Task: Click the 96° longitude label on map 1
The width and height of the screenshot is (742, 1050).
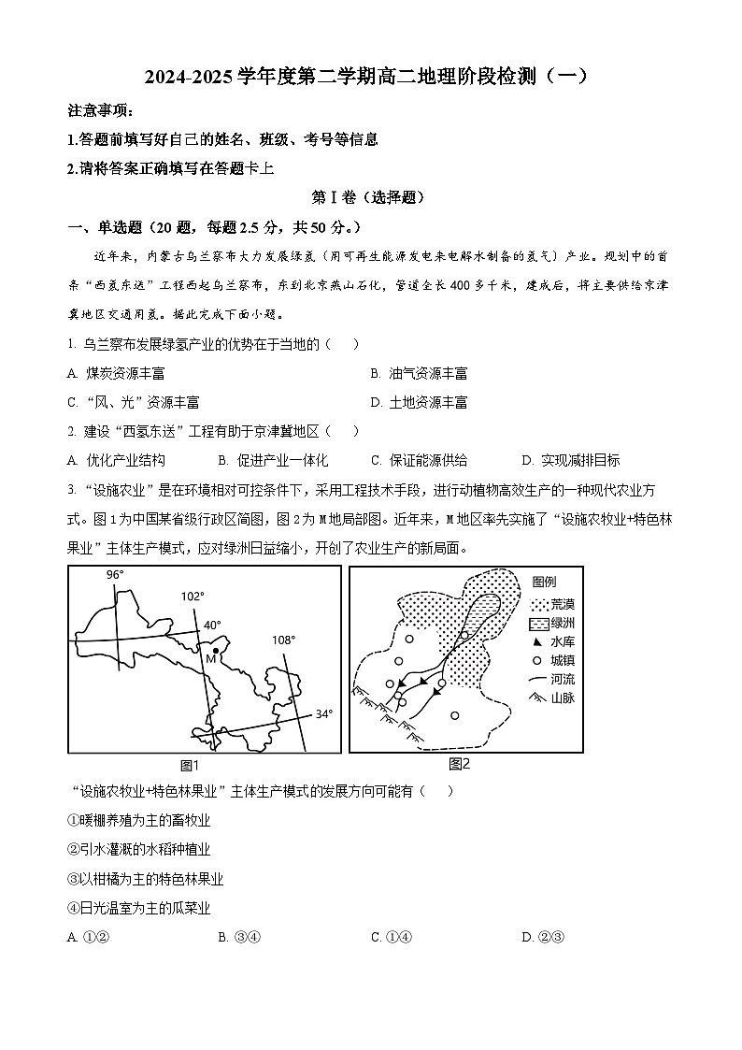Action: [x=115, y=575]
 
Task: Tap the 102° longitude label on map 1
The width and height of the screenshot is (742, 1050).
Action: [x=193, y=596]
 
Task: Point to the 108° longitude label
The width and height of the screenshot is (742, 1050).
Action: [x=283, y=640]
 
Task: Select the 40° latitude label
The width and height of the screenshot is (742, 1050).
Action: [x=213, y=625]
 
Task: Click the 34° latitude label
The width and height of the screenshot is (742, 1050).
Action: [x=323, y=714]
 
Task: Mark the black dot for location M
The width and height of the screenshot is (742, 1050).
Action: [x=216, y=651]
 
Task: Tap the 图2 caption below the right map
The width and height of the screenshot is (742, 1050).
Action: [x=459, y=764]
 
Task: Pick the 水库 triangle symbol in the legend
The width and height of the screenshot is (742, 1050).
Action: [x=536, y=642]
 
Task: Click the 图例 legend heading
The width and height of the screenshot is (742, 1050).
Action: [x=544, y=582]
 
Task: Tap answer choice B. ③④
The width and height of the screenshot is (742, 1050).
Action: [x=238, y=938]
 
